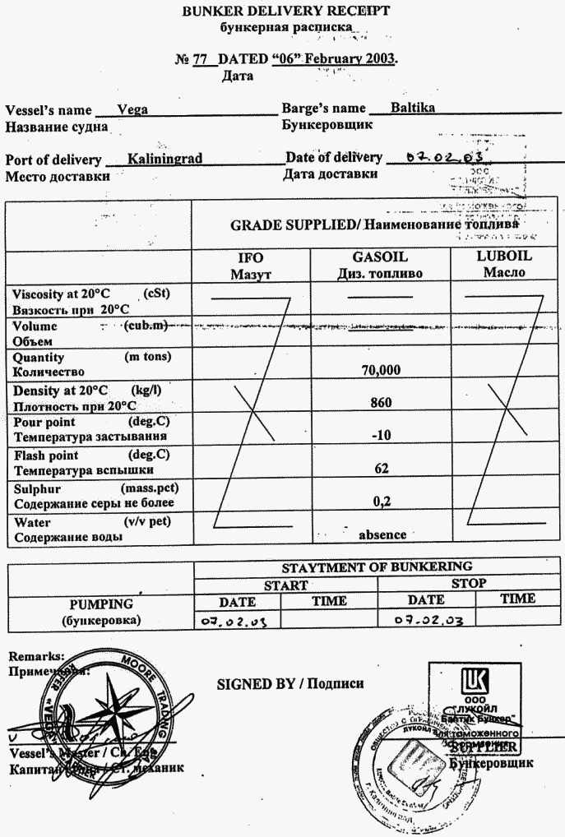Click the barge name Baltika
(x=413, y=108)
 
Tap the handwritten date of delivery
(x=438, y=157)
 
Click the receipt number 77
(x=200, y=60)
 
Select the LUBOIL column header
(x=504, y=256)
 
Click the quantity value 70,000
(x=381, y=370)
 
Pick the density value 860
(x=381, y=403)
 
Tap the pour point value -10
(x=381, y=435)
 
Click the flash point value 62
(x=381, y=468)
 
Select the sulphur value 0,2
(x=381, y=500)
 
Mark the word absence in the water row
(x=382, y=534)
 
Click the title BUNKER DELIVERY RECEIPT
(x=286, y=11)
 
